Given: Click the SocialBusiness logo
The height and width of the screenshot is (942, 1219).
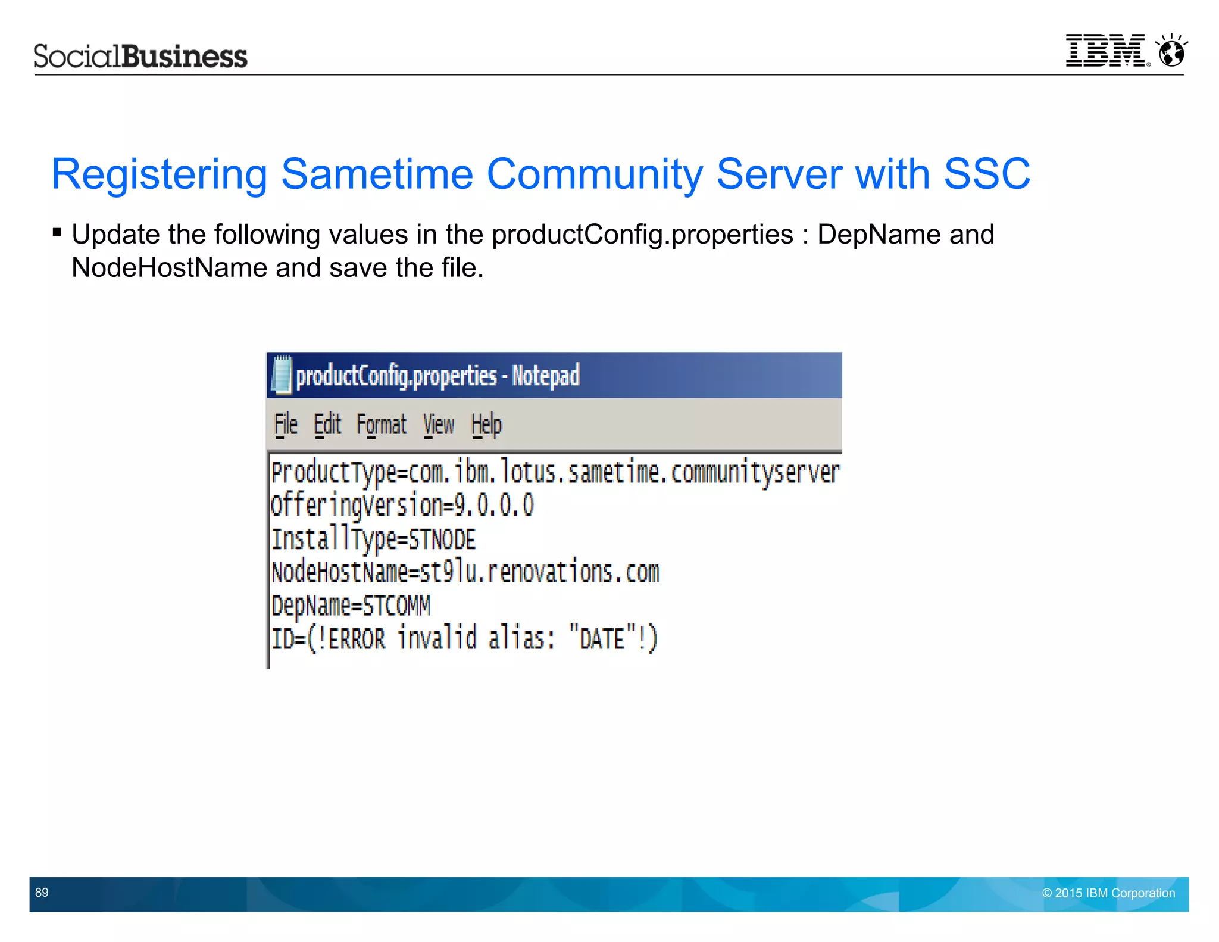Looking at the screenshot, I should pyautogui.click(x=140, y=57).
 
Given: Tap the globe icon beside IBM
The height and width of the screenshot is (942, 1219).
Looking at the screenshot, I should pyautogui.click(x=1171, y=51).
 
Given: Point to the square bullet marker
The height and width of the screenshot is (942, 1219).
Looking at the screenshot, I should pyautogui.click(x=57, y=232).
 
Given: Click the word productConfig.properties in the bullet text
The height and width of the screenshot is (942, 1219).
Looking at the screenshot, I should pyautogui.click(x=642, y=235).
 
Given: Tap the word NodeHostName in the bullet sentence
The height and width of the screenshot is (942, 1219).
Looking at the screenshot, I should pyautogui.click(x=168, y=268).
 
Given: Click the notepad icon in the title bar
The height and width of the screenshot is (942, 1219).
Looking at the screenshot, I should pyautogui.click(x=282, y=375).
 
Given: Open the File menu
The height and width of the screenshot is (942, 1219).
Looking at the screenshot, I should pyautogui.click(x=286, y=425).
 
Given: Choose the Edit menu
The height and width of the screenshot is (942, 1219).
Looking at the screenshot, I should pyautogui.click(x=327, y=425).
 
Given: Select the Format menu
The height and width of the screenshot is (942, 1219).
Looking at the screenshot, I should pyautogui.click(x=382, y=425).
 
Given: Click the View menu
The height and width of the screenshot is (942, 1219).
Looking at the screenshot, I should pyautogui.click(x=439, y=425).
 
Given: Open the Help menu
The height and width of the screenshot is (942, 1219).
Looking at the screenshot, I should pyautogui.click(x=486, y=425).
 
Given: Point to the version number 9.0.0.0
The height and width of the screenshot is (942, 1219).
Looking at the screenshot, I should pyautogui.click(x=494, y=506).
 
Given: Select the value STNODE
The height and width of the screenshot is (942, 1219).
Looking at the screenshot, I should pyautogui.click(x=442, y=539).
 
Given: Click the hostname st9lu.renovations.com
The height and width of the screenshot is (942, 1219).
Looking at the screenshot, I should pyautogui.click(x=540, y=572).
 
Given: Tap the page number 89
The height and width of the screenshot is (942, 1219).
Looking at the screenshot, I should pyautogui.click(x=42, y=892).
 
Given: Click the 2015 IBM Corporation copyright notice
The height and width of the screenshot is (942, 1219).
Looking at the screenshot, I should pyautogui.click(x=1108, y=893).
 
